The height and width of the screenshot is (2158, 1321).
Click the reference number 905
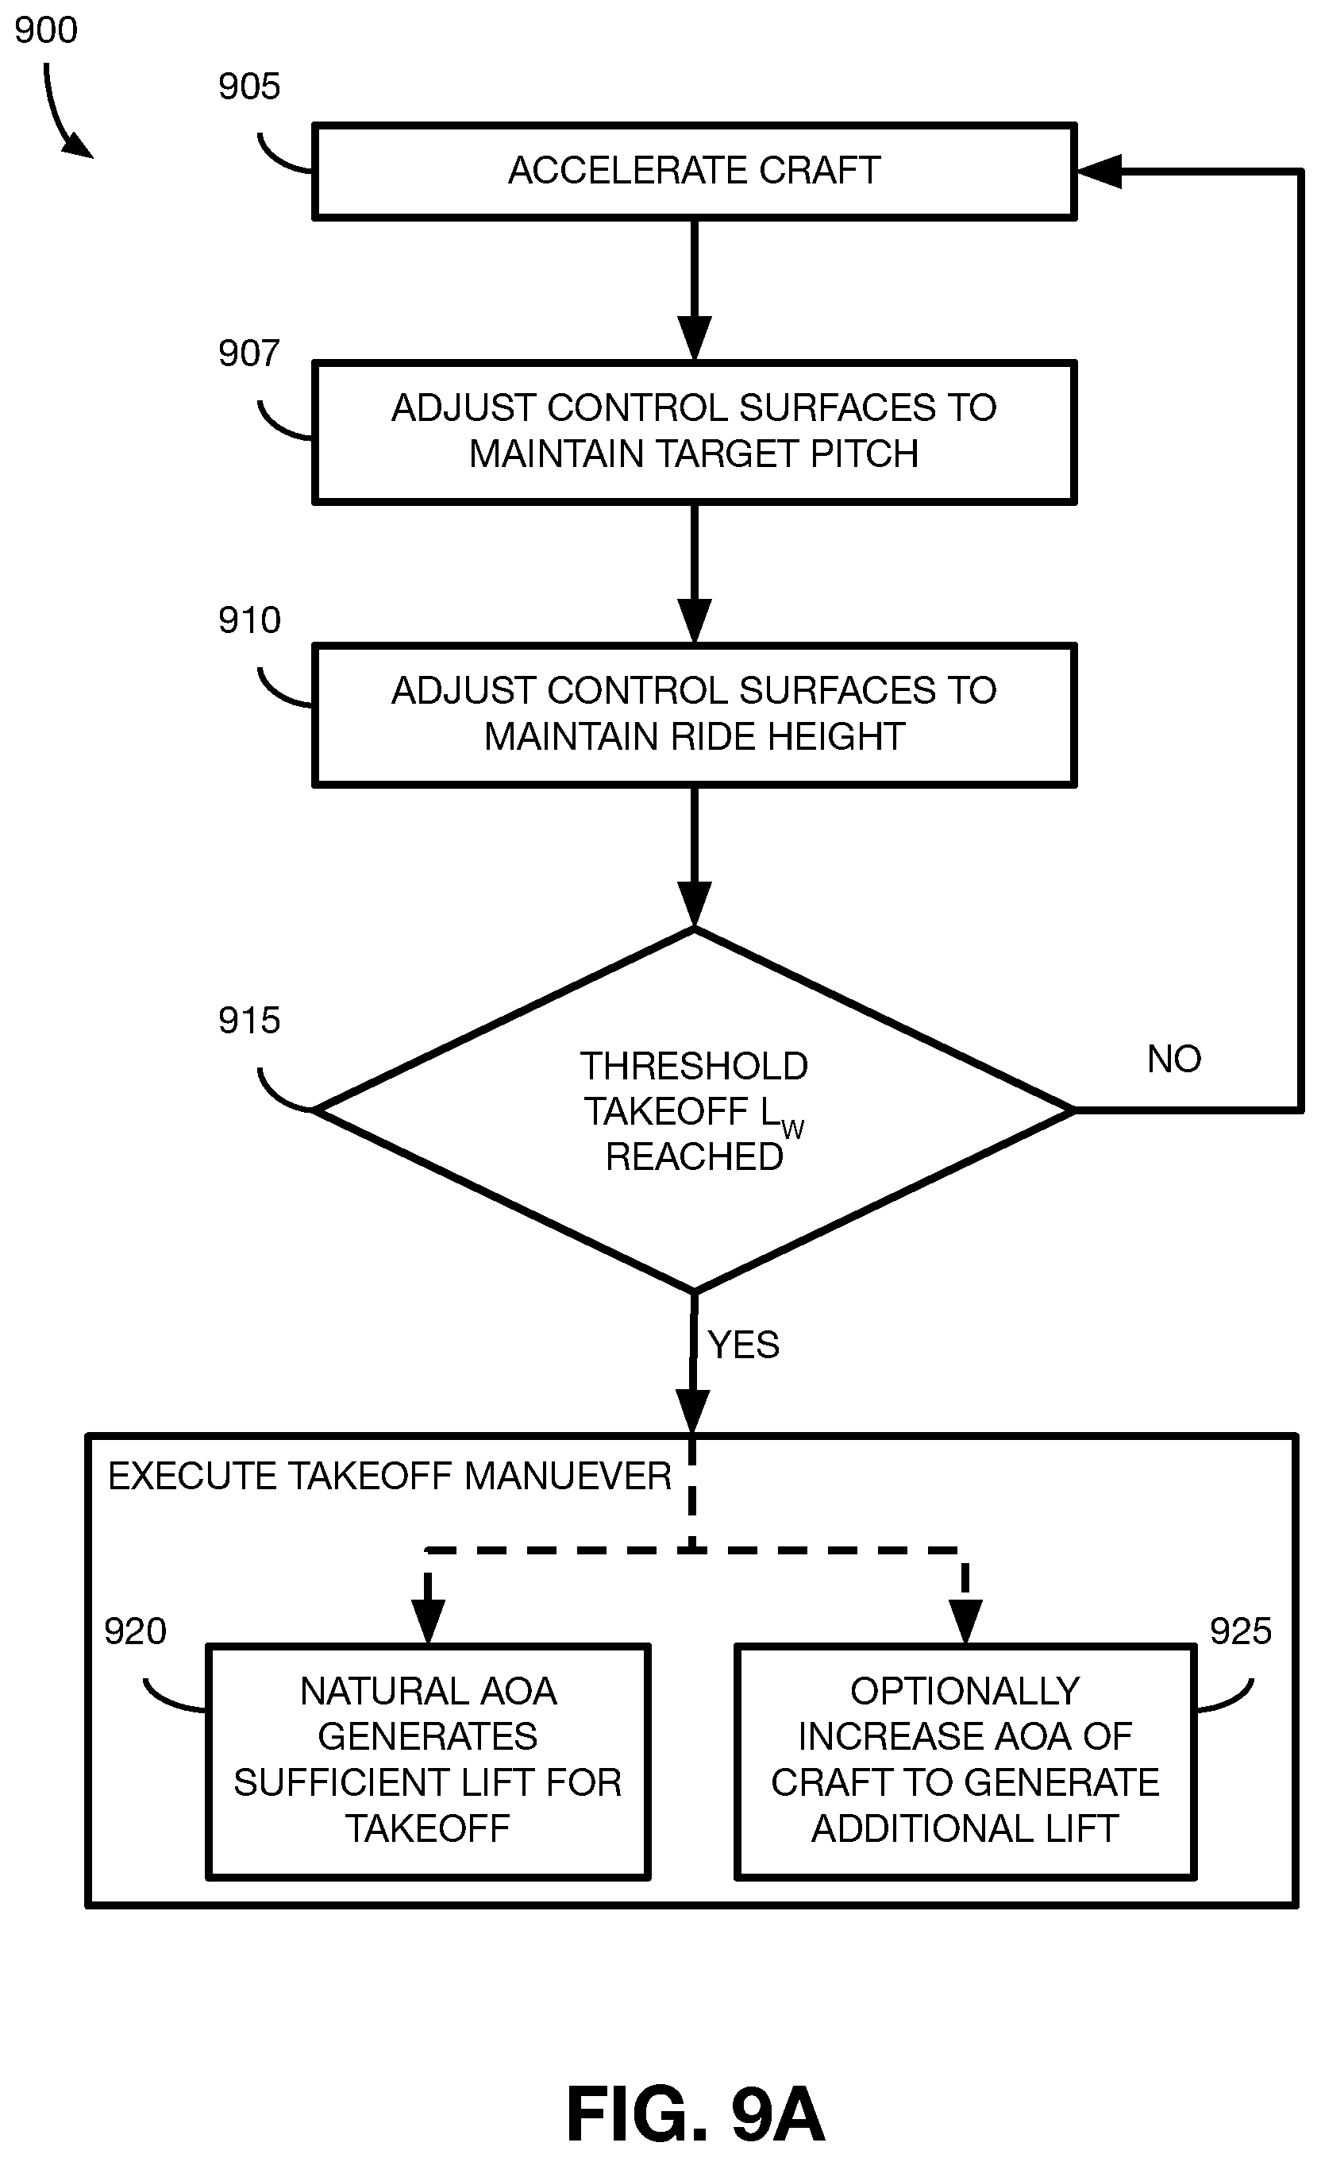(249, 87)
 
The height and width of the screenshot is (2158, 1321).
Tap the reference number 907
(249, 353)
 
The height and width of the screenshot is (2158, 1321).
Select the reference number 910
(249, 620)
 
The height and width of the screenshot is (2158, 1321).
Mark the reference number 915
(249, 1021)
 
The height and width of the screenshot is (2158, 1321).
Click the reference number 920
(136, 1631)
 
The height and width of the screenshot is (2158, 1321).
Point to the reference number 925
(1241, 1631)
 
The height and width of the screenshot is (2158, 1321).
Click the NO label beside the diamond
(1174, 1059)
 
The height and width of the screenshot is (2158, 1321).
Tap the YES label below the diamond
(743, 1345)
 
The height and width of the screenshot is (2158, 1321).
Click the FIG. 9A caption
(696, 2114)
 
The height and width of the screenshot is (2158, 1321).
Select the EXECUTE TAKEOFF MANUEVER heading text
(390, 1476)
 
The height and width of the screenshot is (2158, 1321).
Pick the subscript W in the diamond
(792, 1129)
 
